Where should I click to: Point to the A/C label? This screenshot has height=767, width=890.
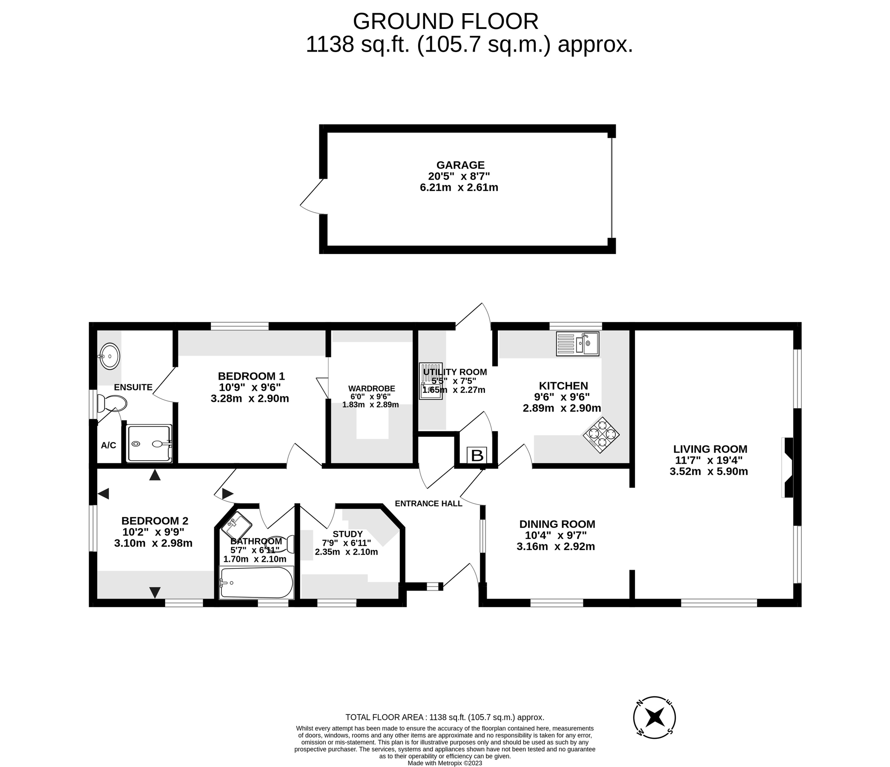[x=108, y=445]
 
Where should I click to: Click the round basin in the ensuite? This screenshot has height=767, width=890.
[x=109, y=356]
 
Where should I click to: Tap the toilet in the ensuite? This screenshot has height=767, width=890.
[x=112, y=403]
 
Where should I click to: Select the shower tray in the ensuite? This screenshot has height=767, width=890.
[x=149, y=444]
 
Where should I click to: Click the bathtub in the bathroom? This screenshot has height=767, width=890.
[x=256, y=582]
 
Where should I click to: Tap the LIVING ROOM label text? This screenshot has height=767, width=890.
[x=710, y=449]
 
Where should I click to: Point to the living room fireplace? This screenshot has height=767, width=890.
[x=788, y=467]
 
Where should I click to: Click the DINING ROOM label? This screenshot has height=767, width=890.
[x=557, y=524]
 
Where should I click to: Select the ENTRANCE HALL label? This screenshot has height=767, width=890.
[x=428, y=504]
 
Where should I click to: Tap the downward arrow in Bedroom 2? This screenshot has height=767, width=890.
[x=155, y=592]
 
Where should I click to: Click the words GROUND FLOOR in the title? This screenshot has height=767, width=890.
[x=445, y=21]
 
